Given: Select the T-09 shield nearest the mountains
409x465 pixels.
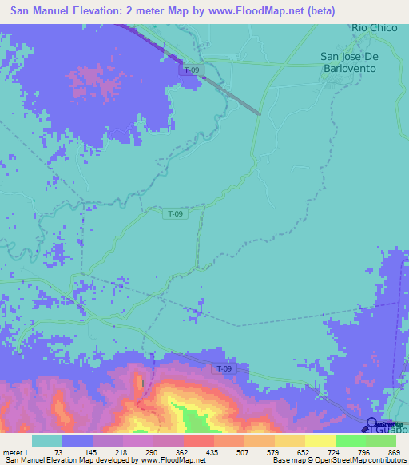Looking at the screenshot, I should pos(227,368).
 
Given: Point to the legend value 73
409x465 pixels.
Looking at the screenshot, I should pos(58,453).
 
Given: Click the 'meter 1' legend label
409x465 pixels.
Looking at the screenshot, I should pos(16,453).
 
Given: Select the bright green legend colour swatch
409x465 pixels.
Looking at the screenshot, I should pos(349,440).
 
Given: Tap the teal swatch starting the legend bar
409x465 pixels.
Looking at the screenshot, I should pos(47,440).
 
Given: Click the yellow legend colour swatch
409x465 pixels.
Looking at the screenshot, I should pos(319,440).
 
